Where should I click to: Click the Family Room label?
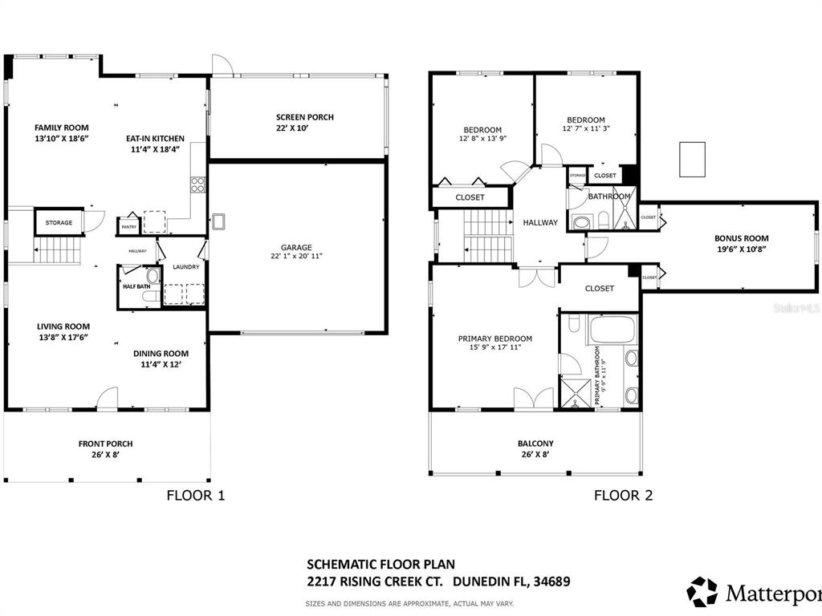pos(61,127)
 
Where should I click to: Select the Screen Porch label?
pos(304,117)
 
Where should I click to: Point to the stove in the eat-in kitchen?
pos(197,184)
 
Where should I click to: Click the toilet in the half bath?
pos(153,277)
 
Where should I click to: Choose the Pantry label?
pos(128,227)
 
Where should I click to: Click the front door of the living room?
pos(108,399)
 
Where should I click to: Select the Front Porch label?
pos(105,444)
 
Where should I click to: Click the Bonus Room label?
pos(741,237)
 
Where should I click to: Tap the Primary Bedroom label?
pos(494,338)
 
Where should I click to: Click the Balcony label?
pos(535,444)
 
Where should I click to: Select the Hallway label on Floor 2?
pos(539,222)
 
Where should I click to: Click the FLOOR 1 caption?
pos(195,495)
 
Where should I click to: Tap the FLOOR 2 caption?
pos(623,495)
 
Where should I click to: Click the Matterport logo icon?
pos(702,591)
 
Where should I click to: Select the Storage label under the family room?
pos(59,222)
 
